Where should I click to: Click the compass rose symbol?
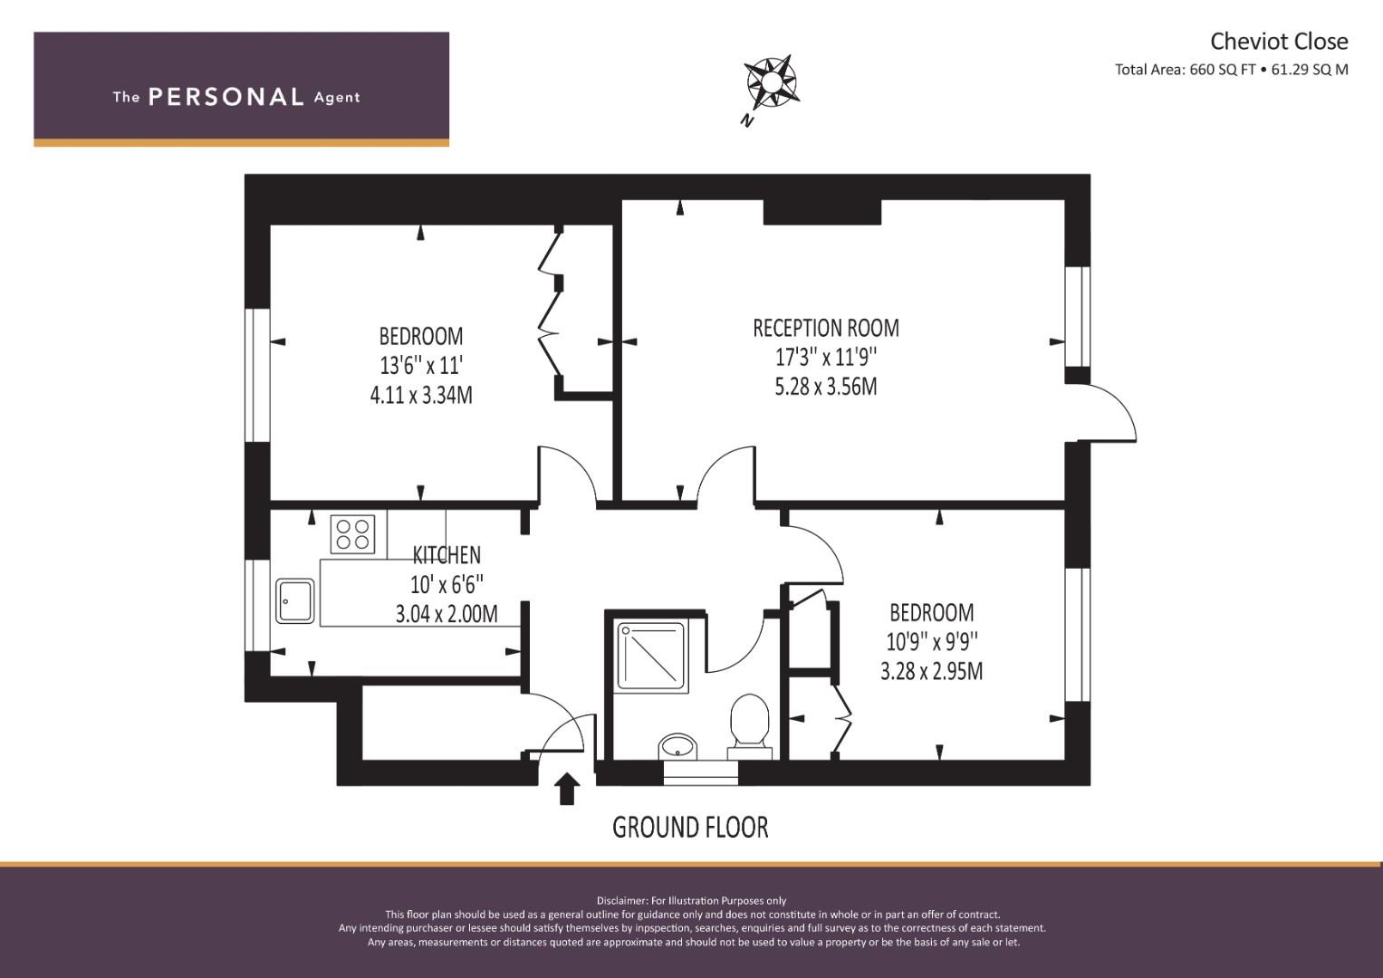click(771, 82)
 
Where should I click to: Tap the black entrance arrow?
click(567, 790)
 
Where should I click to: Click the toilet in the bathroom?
click(750, 726)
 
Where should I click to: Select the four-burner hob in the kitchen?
click(352, 534)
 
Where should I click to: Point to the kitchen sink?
click(294, 600)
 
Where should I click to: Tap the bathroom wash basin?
click(677, 746)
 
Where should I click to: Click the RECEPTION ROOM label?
click(825, 328)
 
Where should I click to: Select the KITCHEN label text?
click(447, 555)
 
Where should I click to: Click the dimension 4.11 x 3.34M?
click(421, 395)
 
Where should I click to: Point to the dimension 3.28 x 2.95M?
click(932, 671)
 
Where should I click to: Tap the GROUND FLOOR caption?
click(690, 828)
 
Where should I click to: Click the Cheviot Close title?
click(1279, 42)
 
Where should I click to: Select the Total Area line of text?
click(1231, 70)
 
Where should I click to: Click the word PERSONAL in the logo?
click(226, 97)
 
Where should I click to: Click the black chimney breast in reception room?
click(821, 212)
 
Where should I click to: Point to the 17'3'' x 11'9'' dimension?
click(826, 357)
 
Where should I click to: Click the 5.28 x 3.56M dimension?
click(826, 387)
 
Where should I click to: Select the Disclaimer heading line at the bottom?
click(691, 901)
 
